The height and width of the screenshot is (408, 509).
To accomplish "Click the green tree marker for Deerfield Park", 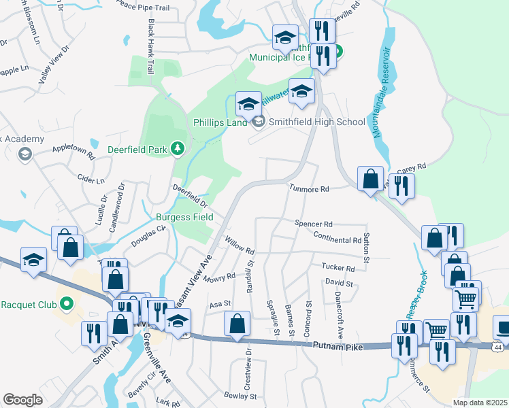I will coord(178,148).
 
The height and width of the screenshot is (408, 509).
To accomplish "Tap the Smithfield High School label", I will coord(317,122).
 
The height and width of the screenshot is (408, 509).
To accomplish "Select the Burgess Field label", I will coord(184,218).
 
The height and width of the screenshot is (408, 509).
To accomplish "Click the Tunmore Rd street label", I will coord(309,189).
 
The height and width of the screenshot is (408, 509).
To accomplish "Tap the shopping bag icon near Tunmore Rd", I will coord(370,180).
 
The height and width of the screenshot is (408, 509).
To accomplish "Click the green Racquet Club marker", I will coord(67,303).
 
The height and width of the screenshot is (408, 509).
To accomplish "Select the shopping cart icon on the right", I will coord(465,298).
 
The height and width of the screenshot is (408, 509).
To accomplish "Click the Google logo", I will coord(23,399).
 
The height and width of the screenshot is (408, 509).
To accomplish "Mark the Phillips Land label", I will coord(219,123).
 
